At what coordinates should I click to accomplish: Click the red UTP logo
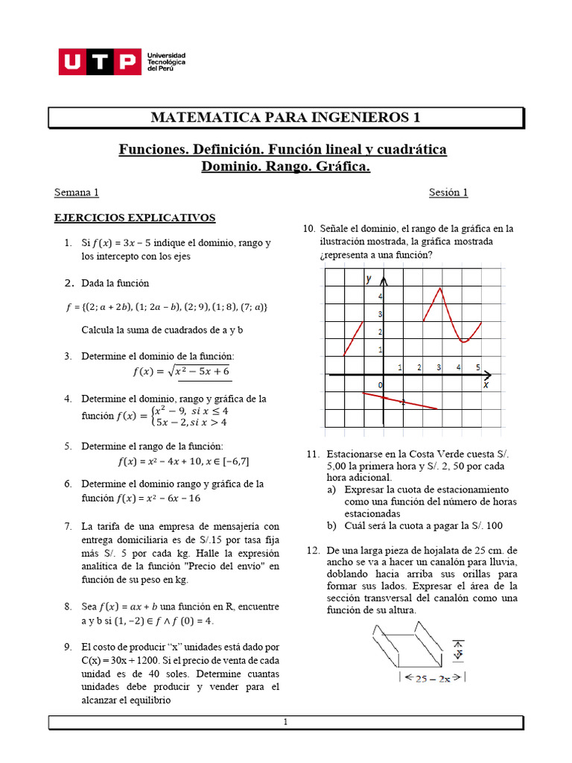pos(100,63)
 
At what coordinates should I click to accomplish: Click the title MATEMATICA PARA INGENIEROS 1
pos(286,117)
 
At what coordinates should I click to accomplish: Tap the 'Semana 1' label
pos(77,192)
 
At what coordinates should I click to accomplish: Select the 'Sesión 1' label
pos(448,192)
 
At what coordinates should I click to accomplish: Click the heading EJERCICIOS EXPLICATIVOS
pos(135,218)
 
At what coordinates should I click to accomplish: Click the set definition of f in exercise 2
pos(168,307)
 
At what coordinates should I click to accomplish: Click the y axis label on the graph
pos(368,279)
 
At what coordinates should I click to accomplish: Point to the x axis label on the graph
pos(486,385)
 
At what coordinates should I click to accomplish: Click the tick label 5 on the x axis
pos(478,367)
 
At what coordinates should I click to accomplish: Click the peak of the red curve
pos(440,288)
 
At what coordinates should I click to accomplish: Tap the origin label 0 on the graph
pos(379,384)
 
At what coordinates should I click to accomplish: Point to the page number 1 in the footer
pos(285,722)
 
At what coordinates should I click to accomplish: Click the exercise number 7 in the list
pos(69,526)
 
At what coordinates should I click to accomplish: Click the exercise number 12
pos(312,550)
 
